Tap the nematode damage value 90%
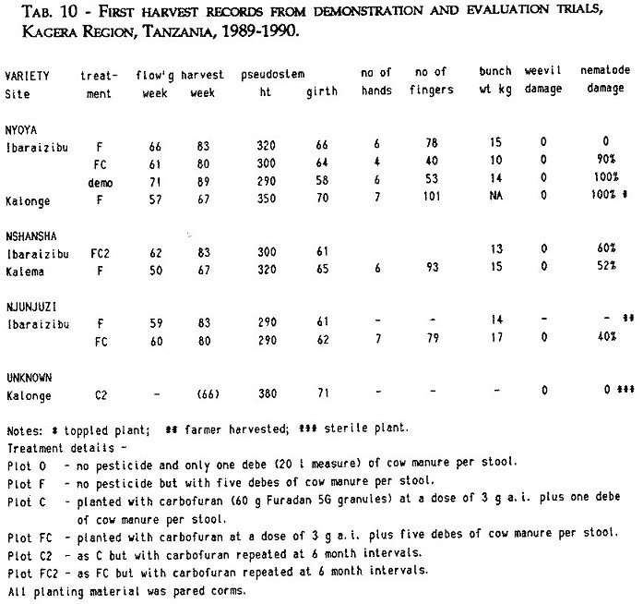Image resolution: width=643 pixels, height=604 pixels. (602, 160)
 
